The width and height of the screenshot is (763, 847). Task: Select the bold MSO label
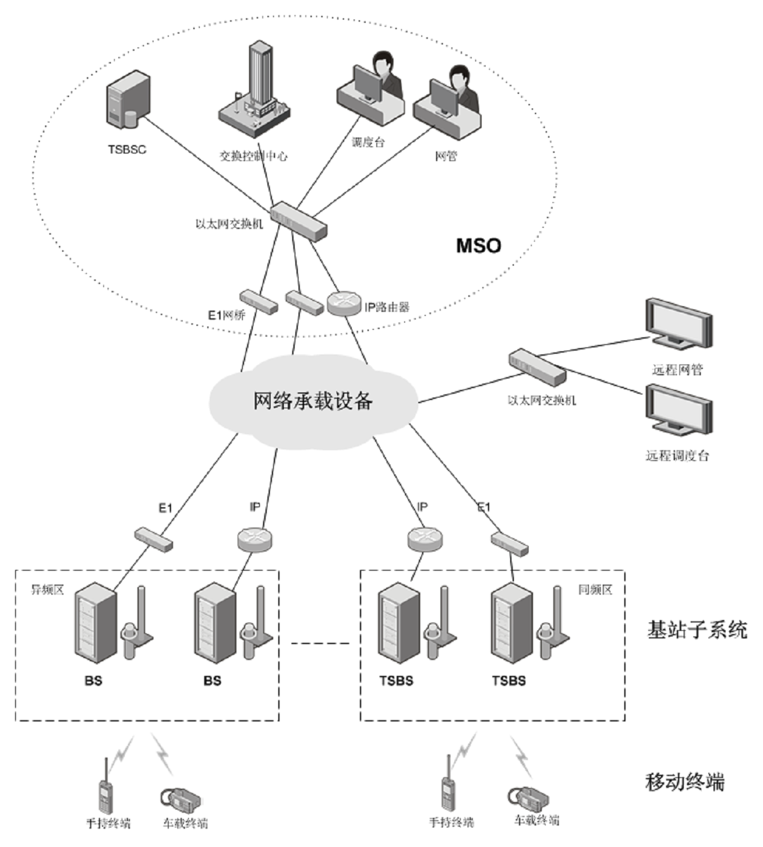[478, 245]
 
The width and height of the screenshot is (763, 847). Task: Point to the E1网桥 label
[226, 315]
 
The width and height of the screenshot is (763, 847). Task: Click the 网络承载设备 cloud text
[313, 401]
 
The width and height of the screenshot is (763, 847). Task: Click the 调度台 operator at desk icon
[370, 92]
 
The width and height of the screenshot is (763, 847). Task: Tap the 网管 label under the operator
[446, 156]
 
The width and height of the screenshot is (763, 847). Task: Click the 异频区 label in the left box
[48, 590]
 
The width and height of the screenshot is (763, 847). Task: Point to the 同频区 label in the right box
[595, 590]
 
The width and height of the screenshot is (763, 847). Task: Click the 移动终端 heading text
[684, 782]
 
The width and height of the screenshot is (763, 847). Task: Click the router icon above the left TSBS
[425, 539]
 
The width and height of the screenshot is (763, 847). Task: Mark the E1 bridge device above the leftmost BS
[154, 540]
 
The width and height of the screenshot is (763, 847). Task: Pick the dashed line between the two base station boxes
[319, 643]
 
